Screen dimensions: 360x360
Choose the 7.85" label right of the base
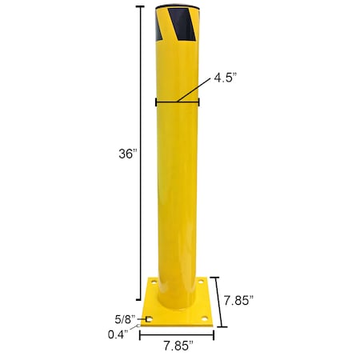(x=238, y=301)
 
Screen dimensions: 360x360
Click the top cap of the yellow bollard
(x=177, y=6)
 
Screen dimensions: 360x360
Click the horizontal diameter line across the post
(x=177, y=102)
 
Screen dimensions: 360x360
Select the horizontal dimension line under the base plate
(x=177, y=334)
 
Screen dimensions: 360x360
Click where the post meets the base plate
(x=177, y=306)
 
